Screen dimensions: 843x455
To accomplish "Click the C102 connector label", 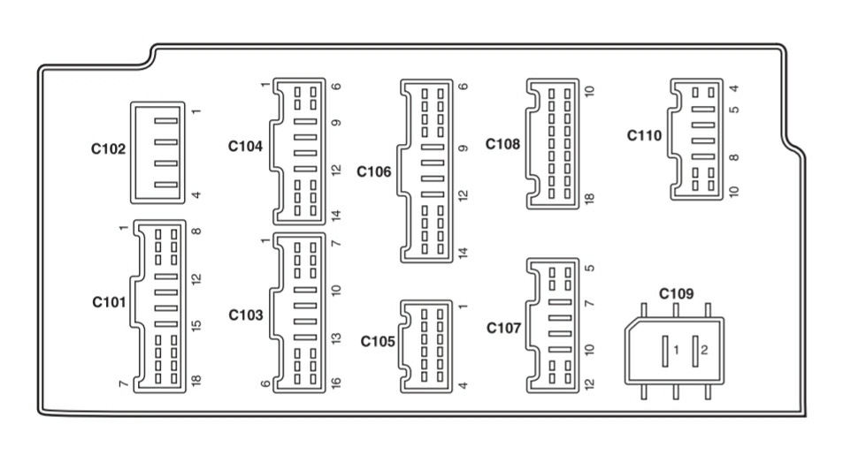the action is pos(108,148).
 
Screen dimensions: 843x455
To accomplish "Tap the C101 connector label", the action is pos(109,302).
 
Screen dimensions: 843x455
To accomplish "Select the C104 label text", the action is pos(245,146).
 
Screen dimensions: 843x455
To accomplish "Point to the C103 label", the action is pos(246,315).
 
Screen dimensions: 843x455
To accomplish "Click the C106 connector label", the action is pos(373,172).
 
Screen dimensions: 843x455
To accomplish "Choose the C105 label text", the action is pos(378,342).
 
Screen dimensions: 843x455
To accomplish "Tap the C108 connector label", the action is pos(502,144).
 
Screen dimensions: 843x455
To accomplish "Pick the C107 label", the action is pos(503,328).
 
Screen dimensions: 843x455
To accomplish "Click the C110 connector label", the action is pos(644,135).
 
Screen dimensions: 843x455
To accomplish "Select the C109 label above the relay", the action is pos(677,294).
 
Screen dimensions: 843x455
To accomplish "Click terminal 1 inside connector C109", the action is pos(665,352).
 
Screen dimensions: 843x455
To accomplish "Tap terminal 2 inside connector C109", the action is pos(695,352).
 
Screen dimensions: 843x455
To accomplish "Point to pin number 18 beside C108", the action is pos(590,198).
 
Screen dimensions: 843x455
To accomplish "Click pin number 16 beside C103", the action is pos(336,383).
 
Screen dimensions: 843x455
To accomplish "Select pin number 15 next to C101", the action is pos(196,325).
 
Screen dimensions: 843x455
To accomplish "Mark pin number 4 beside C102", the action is pos(196,195).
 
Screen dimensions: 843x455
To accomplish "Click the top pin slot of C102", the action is pos(165,121).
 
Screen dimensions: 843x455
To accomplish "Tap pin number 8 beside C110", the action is pos(734,157).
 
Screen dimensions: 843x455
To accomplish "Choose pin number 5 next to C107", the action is pos(590,268).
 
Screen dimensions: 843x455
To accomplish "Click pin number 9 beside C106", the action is pos(463,148).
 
